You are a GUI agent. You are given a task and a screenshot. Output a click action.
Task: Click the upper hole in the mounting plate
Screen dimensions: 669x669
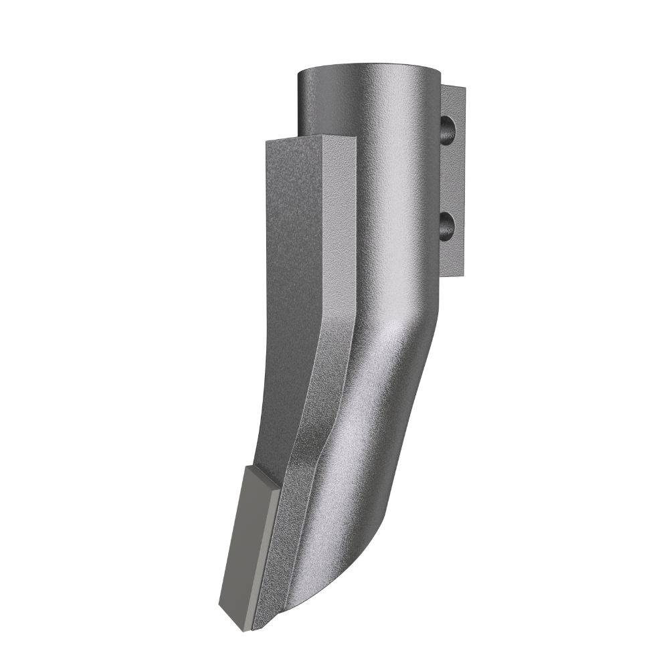pyautogui.click(x=448, y=128)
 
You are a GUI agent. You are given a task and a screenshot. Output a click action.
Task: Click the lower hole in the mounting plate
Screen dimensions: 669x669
pyautogui.click(x=448, y=225)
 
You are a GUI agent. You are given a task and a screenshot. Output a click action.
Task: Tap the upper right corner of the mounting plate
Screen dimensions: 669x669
pyautogui.click(x=463, y=88)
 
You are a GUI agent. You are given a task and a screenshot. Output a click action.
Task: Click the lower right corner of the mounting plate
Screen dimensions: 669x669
pyautogui.click(x=462, y=273)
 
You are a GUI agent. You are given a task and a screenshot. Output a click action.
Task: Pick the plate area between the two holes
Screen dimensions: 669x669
pyautogui.click(x=453, y=177)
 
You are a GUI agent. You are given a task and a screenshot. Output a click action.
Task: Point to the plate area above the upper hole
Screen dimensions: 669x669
pyautogui.click(x=454, y=100)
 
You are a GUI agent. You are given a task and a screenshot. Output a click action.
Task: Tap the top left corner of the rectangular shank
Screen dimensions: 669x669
pyautogui.click(x=266, y=142)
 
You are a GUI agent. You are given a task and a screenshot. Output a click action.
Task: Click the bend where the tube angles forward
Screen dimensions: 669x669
pyautogui.click(x=395, y=334)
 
